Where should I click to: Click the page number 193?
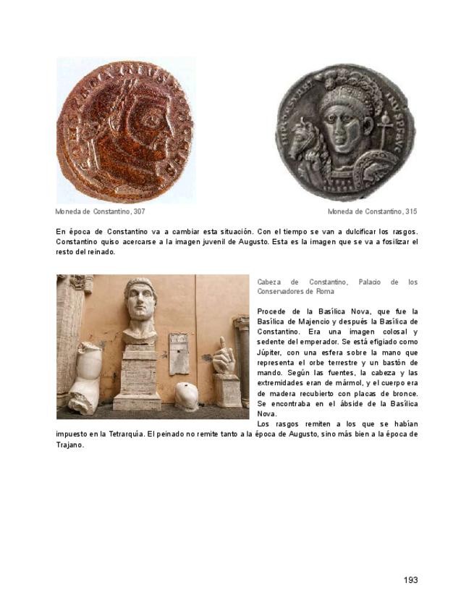[x=410, y=579]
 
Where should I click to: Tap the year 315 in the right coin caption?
[x=410, y=211]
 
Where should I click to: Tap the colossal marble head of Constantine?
[x=140, y=308]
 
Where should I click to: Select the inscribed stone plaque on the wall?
[x=178, y=353]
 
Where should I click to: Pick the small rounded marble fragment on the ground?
[x=187, y=396]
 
